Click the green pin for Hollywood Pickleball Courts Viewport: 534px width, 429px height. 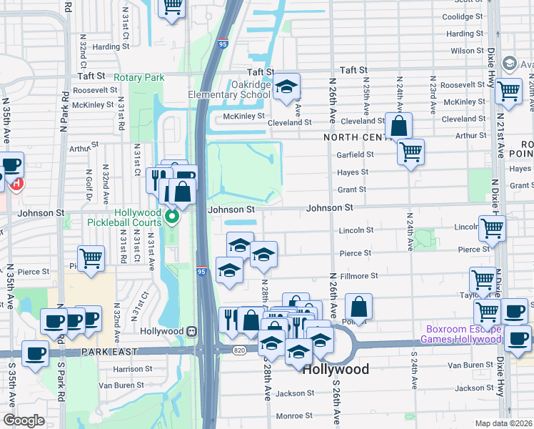pyautogui.click(x=171, y=216)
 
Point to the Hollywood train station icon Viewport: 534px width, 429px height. pyautogui.click(x=191, y=331)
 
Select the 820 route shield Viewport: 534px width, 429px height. pyautogui.click(x=238, y=349)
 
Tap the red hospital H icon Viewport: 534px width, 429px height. pyautogui.click(x=16, y=184)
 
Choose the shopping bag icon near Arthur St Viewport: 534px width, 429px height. pyautogui.click(x=398, y=126)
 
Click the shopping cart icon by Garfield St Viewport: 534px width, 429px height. pyautogui.click(x=410, y=152)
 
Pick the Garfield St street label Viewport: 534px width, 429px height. pyautogui.click(x=355, y=154)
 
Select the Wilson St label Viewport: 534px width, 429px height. pyautogui.click(x=467, y=51)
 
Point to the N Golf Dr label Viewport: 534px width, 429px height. pyautogui.click(x=89, y=185)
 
